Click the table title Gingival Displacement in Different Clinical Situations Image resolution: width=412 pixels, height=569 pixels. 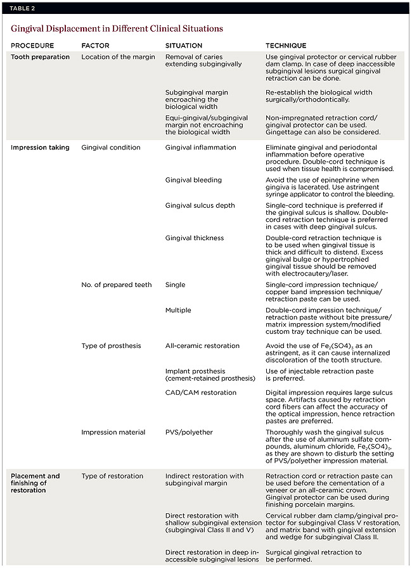pos(117,29)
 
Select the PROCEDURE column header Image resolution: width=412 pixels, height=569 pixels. pos(32,46)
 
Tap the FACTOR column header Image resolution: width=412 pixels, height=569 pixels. pos(96,46)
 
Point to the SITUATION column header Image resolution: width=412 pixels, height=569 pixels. pos(184,46)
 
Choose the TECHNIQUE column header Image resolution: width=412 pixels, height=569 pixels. pos(286,46)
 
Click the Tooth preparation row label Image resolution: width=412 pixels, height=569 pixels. pos(40,58)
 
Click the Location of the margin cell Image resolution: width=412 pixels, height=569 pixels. pos(118,58)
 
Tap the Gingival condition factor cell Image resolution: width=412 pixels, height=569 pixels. pos(111,148)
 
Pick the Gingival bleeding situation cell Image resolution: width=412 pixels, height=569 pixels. pos(193,180)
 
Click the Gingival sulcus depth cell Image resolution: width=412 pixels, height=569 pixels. pos(200,206)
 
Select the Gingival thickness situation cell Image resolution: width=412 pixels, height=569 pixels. pos(195,238)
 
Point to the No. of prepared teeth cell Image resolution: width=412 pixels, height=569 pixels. pos(117,285)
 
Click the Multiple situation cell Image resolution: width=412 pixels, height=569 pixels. pos(178,311)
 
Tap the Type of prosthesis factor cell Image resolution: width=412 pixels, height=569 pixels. pos(111,345)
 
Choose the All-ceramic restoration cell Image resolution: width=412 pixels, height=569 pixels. pos(202,345)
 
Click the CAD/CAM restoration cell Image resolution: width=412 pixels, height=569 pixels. pos(200,393)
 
